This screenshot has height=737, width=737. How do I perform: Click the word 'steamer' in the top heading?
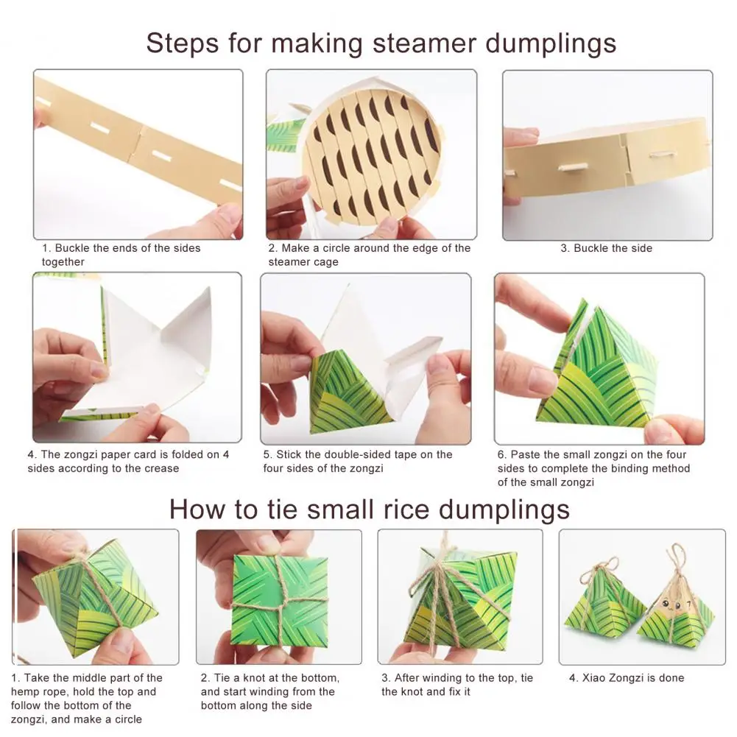tap(424, 43)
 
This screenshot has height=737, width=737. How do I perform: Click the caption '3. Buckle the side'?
tap(607, 248)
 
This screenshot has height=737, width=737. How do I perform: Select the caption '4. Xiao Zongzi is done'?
tap(627, 678)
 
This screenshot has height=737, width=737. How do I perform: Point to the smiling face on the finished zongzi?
tap(673, 604)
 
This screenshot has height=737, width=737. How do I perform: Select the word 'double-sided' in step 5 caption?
tap(361, 454)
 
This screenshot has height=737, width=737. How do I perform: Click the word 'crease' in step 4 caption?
tap(162, 468)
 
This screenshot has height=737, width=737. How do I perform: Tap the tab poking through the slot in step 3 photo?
tap(566, 167)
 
